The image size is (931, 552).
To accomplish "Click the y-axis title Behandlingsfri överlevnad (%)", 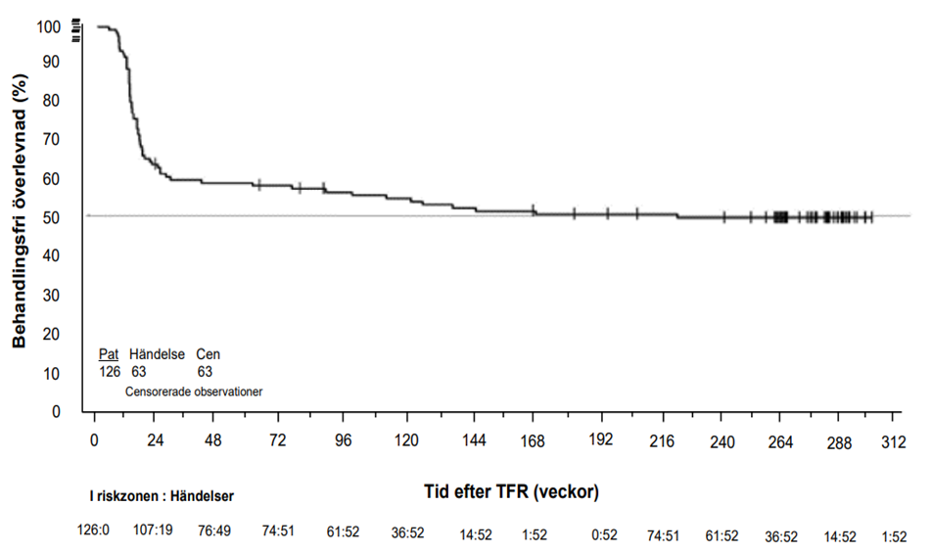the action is click(x=20, y=210).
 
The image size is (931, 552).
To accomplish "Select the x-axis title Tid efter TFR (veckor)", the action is click(x=511, y=492).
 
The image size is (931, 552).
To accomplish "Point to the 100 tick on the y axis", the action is click(x=48, y=26).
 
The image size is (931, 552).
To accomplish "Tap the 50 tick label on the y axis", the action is click(x=51, y=218).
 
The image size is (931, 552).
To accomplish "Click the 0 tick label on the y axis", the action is click(x=56, y=411).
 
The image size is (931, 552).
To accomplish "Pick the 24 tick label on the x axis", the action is click(x=155, y=440).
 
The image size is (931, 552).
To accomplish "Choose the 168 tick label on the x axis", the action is click(x=533, y=441).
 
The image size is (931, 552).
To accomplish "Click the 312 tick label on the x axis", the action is click(x=894, y=442).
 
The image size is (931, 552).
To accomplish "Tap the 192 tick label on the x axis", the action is click(x=601, y=439).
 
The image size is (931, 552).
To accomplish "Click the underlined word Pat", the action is click(x=109, y=354).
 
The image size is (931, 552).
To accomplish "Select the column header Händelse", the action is click(x=157, y=354).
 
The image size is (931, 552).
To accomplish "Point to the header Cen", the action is click(x=208, y=354).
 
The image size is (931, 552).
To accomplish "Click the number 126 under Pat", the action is click(x=110, y=372).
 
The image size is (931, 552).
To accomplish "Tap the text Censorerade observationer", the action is click(x=194, y=391).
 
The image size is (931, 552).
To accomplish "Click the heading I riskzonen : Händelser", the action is click(x=162, y=496).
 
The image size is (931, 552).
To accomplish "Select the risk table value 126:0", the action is click(x=93, y=529).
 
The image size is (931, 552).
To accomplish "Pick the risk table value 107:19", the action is click(x=153, y=529).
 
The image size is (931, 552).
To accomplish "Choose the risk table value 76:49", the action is click(x=213, y=530).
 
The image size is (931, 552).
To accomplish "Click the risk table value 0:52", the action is click(x=604, y=534).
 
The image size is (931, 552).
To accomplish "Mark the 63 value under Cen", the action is click(x=205, y=372).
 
